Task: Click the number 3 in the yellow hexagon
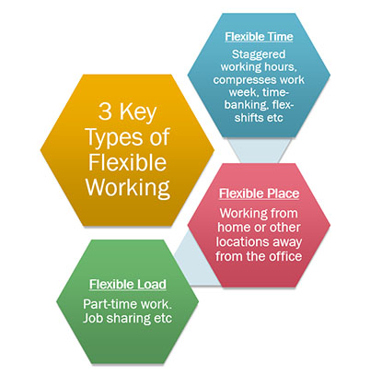(105, 111)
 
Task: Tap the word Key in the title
(138, 113)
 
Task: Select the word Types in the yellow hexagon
(114, 137)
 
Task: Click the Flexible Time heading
(259, 37)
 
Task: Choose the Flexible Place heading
(259, 193)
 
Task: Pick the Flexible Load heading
(128, 285)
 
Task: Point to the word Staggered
(259, 54)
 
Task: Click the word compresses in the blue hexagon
(241, 80)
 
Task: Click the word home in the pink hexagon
(233, 228)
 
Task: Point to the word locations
(241, 241)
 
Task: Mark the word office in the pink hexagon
(284, 256)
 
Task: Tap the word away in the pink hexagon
(285, 242)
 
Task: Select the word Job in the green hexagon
(93, 318)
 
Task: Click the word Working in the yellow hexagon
(128, 188)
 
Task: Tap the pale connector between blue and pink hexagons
(259, 150)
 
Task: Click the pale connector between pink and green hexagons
(196, 261)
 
